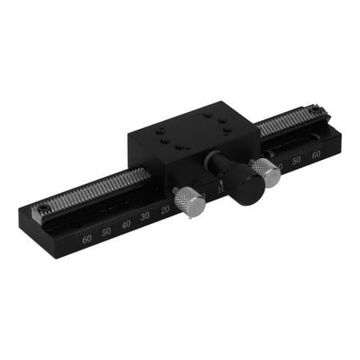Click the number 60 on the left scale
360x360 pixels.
pos(86,238)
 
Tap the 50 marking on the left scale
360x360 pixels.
pos(106,230)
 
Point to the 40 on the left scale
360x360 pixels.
pos(126,224)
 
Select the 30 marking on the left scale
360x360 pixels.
pos(145,217)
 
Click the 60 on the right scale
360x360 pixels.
pos(316,154)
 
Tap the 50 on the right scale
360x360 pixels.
pos(296,161)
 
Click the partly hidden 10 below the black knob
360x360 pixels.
pos(222,190)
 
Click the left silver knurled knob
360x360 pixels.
pos(190,201)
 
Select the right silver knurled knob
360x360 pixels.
pos(266,172)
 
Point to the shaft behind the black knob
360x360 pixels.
pos(216,161)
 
